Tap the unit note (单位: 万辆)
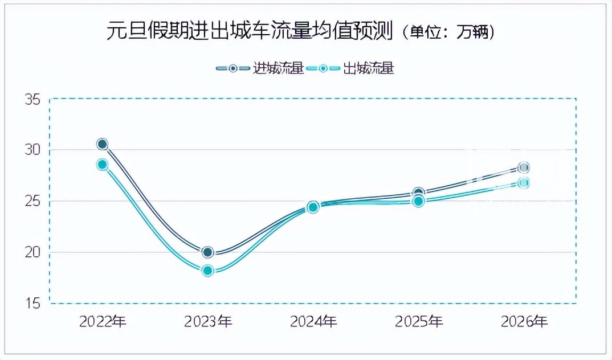click(448, 32)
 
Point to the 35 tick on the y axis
click(32, 99)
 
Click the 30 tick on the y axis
click(32, 150)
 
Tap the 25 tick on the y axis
click(32, 201)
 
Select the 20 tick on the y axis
click(32, 252)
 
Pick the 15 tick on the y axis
click(32, 303)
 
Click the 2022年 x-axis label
click(103, 322)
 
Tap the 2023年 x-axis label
click(208, 322)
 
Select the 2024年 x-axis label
click(313, 322)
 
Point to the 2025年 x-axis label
click(419, 322)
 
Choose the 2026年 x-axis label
click(524, 322)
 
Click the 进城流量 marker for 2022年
click(103, 144)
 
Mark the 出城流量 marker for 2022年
click(103, 165)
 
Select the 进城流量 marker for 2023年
click(208, 252)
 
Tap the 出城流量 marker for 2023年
click(208, 271)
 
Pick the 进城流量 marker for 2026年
click(524, 167)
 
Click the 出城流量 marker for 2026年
click(524, 183)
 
